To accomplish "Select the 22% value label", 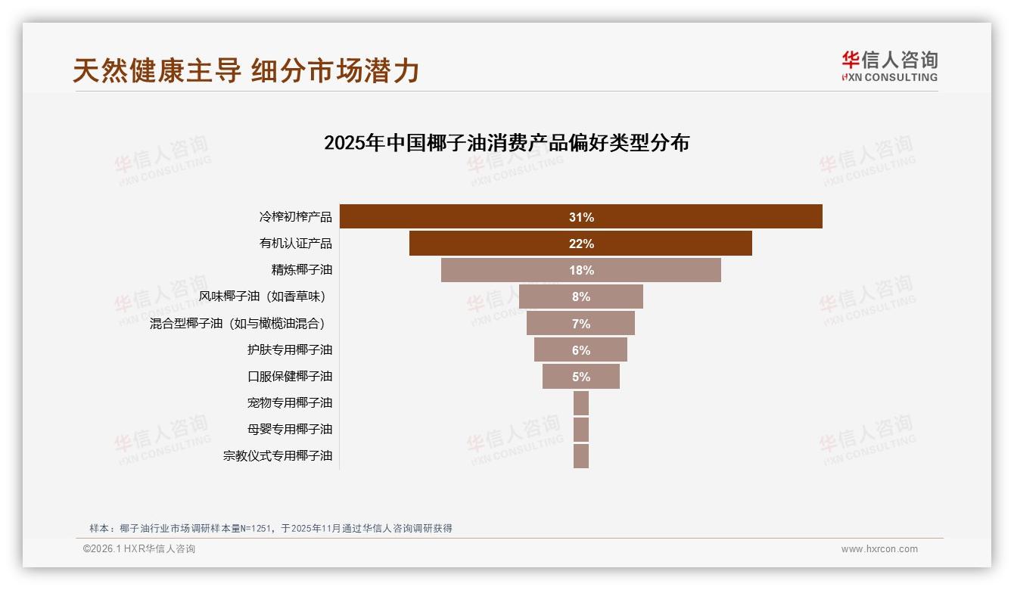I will [581, 244].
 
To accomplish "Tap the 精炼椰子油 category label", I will [301, 270].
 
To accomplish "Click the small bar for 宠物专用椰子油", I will [581, 402].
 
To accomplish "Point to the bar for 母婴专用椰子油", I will [581, 429].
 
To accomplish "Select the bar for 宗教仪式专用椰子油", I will [581, 455].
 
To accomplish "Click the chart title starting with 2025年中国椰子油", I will [506, 143].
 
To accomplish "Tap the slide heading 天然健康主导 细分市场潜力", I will [246, 70].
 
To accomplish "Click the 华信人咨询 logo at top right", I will [889, 66].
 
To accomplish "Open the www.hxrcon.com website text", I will [879, 549].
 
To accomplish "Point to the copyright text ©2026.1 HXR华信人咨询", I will [139, 549].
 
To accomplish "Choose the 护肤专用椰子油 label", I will [289, 349].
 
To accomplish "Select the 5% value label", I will [581, 377].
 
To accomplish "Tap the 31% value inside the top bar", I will [581, 217].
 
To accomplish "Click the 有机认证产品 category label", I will [295, 244].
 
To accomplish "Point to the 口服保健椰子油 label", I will [289, 376].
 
